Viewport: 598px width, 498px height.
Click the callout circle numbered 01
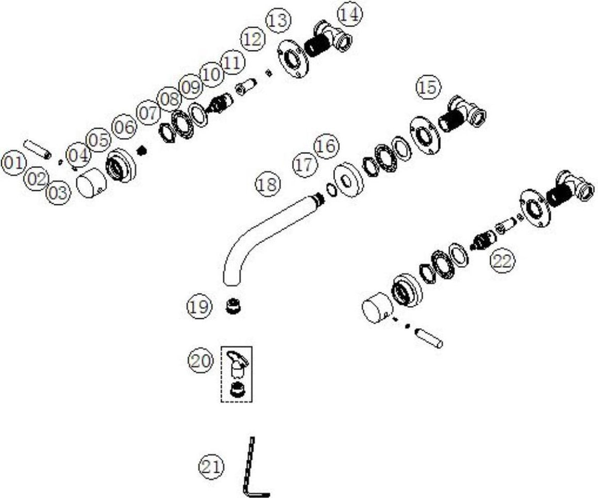point(14,163)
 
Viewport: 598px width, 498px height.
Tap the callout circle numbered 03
point(58,192)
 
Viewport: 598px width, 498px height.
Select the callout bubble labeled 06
point(124,127)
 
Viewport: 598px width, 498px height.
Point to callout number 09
point(191,87)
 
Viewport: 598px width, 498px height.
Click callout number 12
point(253,39)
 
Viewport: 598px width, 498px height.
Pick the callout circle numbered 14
point(350,14)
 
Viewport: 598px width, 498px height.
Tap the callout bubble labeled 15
point(428,87)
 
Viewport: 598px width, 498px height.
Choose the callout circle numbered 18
point(268,185)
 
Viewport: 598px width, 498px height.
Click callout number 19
point(199,306)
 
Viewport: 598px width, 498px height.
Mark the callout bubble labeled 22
point(502,261)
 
